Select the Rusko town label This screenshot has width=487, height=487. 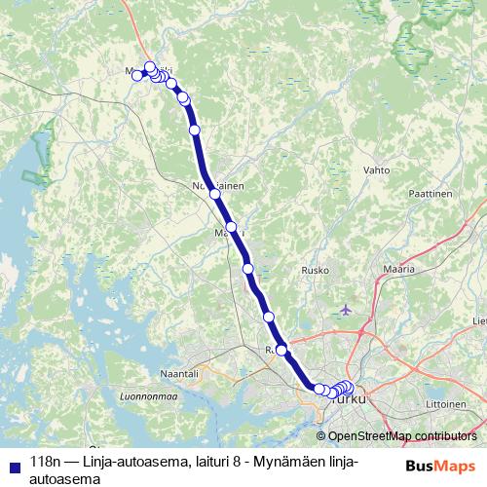(317, 270)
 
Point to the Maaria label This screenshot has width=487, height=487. (400, 267)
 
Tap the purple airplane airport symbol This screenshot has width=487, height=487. (347, 310)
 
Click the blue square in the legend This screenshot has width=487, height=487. (13, 466)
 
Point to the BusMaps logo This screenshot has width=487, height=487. (440, 466)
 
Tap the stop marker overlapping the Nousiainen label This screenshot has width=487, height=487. (215, 194)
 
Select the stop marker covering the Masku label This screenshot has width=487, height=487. (231, 227)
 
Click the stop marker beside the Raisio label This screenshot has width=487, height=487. (281, 351)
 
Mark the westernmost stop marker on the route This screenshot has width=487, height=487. (139, 74)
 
